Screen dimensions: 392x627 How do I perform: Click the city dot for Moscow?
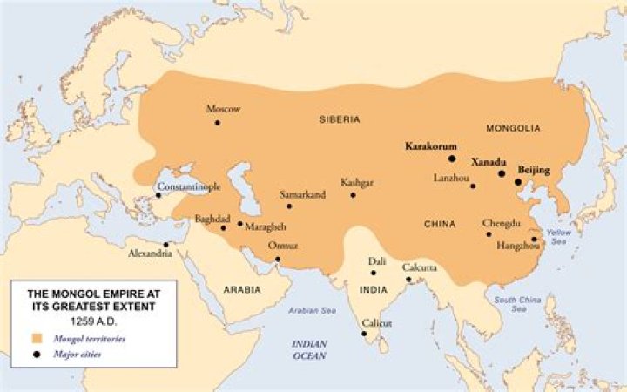(x=218, y=123)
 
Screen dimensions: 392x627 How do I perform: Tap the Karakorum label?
(x=431, y=146)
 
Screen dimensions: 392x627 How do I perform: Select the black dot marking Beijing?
(x=518, y=182)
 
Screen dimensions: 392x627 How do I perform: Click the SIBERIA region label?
(x=340, y=119)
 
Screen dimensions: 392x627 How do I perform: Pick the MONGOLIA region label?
(x=514, y=127)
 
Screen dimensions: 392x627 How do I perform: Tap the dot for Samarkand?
(x=290, y=206)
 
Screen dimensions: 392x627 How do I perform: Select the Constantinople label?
(x=188, y=186)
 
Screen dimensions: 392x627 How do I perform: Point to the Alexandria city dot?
(x=166, y=244)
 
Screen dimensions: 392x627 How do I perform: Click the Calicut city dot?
(x=363, y=333)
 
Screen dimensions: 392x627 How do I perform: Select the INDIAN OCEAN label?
(x=309, y=349)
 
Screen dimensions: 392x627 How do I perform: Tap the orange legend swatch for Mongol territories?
(x=37, y=337)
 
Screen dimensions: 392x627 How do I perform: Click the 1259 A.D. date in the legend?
(x=93, y=320)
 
